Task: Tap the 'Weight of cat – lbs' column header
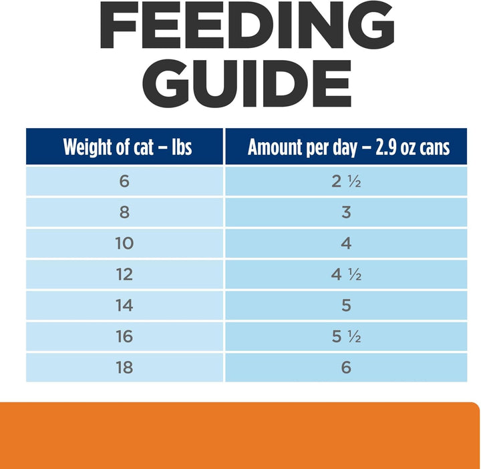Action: pos(127,147)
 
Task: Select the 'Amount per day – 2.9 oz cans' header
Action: pos(348,147)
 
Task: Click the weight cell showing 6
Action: pos(125,181)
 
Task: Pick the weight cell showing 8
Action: pos(125,213)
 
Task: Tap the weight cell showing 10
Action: pos(125,244)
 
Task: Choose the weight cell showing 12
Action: pos(125,275)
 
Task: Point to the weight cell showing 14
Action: pos(125,306)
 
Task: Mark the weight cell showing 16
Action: pos(125,337)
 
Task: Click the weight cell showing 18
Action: pos(125,368)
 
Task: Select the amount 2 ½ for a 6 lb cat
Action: pos(346,181)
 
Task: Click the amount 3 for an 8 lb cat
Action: pos(346,213)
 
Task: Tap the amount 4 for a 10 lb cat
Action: pos(346,244)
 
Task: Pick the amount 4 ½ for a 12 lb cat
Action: pos(346,275)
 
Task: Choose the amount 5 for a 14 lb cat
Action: pos(346,306)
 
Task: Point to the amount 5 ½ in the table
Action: pos(346,337)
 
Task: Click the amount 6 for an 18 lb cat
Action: pos(346,368)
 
